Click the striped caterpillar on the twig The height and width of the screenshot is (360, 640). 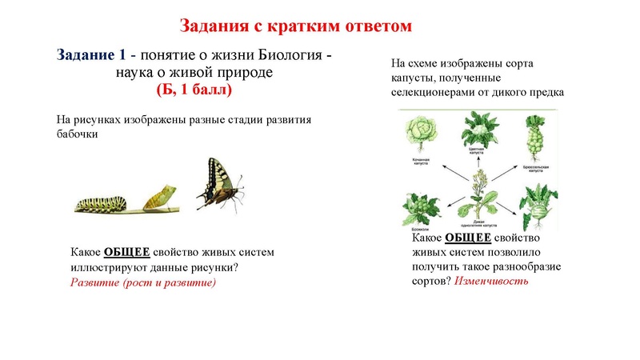(104, 200)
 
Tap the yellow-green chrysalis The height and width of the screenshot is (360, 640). (161, 194)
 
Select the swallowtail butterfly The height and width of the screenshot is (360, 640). (219, 183)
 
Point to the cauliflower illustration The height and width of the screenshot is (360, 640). (478, 129)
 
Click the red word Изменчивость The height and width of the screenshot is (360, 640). (491, 282)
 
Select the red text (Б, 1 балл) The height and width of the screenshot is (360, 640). (193, 90)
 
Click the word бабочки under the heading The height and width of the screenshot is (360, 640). (78, 134)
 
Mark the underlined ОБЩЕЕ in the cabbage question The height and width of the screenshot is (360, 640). (468, 238)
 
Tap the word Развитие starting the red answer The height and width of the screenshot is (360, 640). (94, 282)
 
